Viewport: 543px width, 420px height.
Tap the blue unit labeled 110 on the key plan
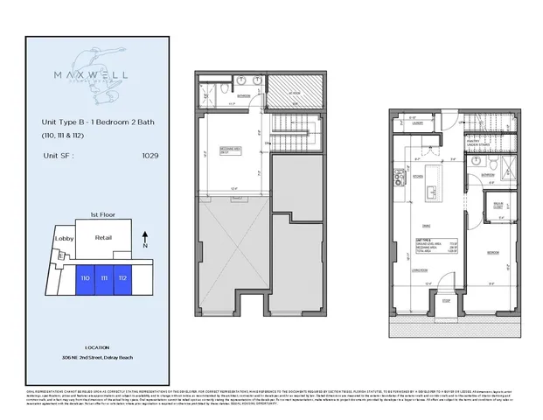(85, 277)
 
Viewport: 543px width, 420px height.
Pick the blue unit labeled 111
(104, 277)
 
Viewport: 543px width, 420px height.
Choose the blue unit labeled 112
(123, 277)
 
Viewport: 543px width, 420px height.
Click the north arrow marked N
(144, 238)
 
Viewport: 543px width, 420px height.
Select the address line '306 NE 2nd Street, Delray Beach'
(104, 359)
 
